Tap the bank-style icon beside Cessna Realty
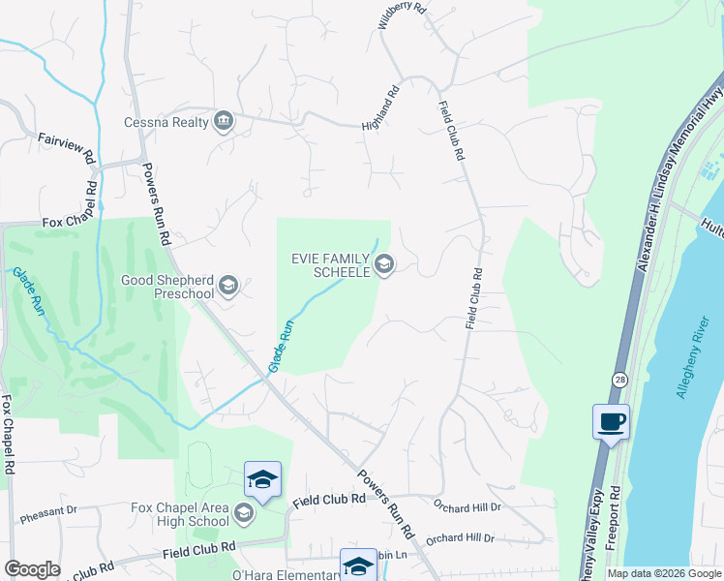pos(224,121)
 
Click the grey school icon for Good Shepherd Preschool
pos(228,285)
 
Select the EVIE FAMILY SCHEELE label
pos(332,265)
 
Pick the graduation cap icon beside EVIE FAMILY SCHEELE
pos(384,264)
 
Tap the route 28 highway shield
pos(618,378)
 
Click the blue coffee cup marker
pos(611,422)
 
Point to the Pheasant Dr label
pos(48,510)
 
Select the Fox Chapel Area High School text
pos(181,514)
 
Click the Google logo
pos(33,569)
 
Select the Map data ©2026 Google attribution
pos(664,573)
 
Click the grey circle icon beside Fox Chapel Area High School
pos(243,513)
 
